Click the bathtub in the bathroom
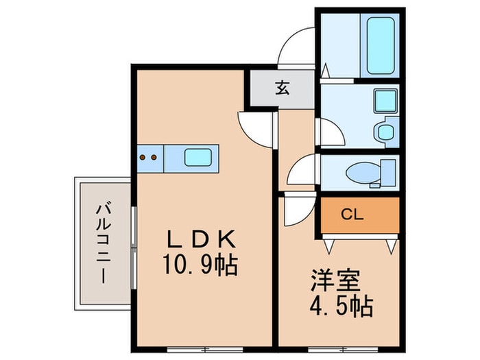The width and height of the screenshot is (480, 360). pyautogui.click(x=381, y=45)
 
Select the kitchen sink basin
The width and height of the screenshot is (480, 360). pyautogui.click(x=197, y=157)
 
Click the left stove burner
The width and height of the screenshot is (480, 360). pyautogui.click(x=143, y=157)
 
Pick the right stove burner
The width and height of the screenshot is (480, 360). pyautogui.click(x=154, y=157)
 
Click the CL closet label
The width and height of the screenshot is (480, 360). pyautogui.click(x=352, y=215)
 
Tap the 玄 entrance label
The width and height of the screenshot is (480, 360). pyautogui.click(x=282, y=88)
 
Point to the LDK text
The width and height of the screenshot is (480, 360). pyautogui.click(x=201, y=239)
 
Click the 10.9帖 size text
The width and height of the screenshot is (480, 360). pyautogui.click(x=200, y=265)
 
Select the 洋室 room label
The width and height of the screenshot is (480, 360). pyautogui.click(x=335, y=280)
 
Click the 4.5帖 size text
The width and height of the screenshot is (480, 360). pyautogui.click(x=341, y=306)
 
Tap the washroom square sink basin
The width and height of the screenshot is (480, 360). pyautogui.click(x=385, y=101)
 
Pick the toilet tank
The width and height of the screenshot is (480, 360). pyautogui.click(x=388, y=173)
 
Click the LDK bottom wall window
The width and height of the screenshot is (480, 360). pyautogui.click(x=205, y=349)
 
